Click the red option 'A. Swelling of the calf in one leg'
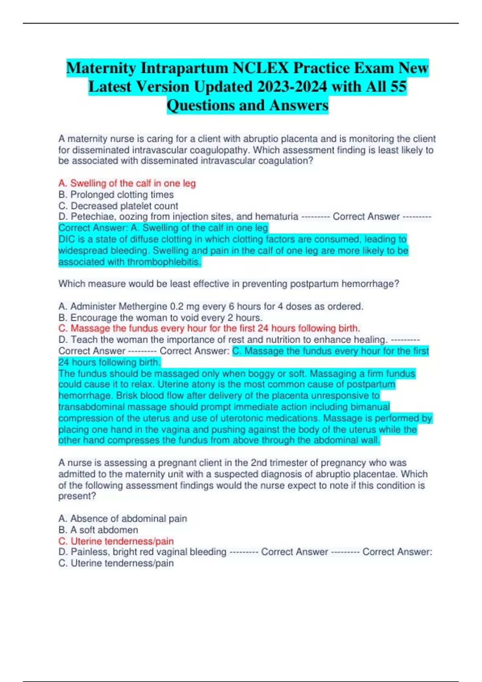(x=127, y=183)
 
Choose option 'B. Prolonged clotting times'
(x=116, y=195)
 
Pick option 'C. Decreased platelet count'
(x=118, y=206)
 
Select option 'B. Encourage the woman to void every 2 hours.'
(x=160, y=318)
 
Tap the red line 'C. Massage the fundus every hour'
(x=209, y=329)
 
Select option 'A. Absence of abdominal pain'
(x=123, y=519)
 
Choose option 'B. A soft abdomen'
(x=98, y=530)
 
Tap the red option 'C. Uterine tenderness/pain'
(x=116, y=541)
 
